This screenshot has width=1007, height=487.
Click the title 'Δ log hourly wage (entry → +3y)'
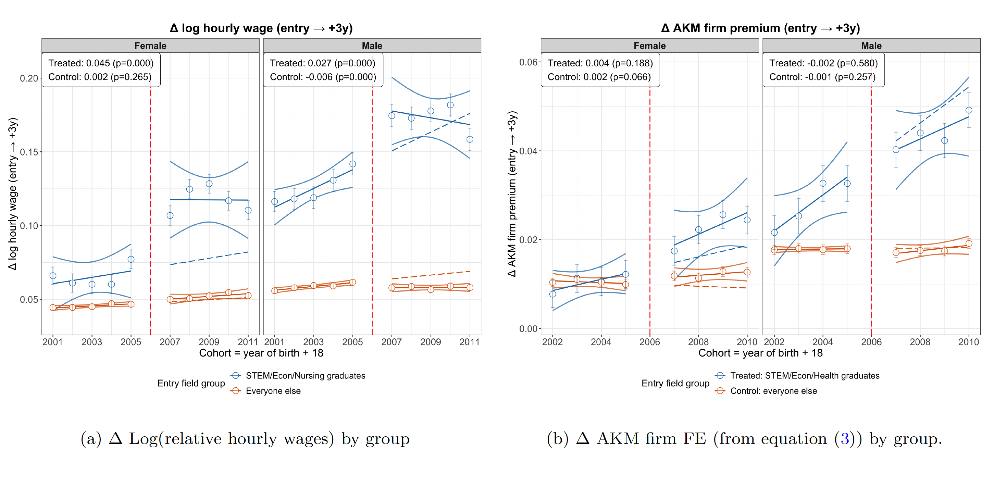[261, 28]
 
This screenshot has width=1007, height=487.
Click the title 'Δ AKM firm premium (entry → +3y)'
[760, 28]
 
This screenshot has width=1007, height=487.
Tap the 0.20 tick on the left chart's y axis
[29, 78]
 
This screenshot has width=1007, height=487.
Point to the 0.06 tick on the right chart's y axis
[528, 62]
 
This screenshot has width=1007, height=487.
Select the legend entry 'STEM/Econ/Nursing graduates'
[305, 376]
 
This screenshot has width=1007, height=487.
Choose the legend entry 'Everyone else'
[273, 391]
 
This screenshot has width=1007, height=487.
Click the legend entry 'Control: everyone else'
[773, 391]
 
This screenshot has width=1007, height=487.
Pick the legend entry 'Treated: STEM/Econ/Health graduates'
[805, 376]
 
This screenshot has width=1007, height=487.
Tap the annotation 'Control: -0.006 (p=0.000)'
[323, 77]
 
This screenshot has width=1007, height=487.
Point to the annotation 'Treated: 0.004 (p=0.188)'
[600, 63]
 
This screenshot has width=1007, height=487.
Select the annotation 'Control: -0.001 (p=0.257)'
[822, 77]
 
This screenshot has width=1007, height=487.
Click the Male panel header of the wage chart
[372, 46]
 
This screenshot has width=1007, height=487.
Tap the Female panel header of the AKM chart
[649, 46]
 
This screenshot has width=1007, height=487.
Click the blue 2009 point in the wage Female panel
[209, 184]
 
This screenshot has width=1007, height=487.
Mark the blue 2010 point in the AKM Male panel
[969, 110]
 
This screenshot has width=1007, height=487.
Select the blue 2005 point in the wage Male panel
[352, 164]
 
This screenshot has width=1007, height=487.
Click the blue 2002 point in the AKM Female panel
[552, 294]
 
